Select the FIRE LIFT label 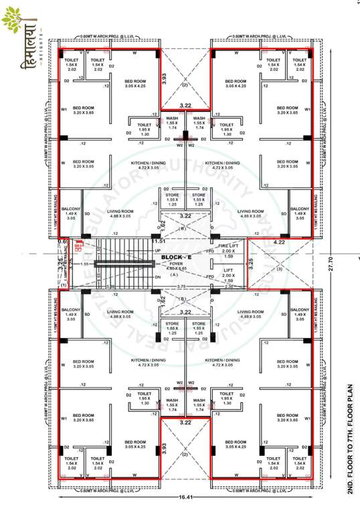229,245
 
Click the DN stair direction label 158,277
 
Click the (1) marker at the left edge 64,286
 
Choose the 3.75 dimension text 181,286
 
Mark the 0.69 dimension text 64,241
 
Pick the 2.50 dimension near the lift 229,286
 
